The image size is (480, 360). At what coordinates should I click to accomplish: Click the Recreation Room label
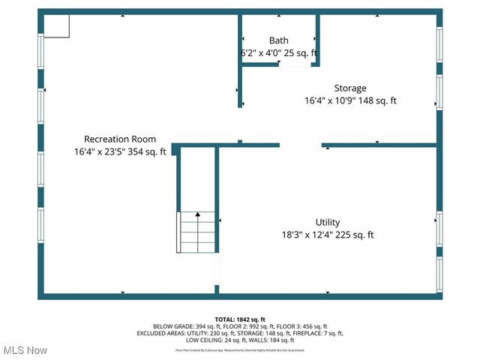[120, 139]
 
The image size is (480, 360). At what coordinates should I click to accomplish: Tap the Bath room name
[278, 40]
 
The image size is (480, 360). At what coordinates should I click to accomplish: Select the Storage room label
[350, 88]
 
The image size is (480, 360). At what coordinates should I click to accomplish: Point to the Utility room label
[328, 222]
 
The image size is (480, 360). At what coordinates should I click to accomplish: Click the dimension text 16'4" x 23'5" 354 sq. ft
[120, 151]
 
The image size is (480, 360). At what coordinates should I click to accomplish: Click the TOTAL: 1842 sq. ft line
[240, 319]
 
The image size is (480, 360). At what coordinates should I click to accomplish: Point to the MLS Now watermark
[24, 350]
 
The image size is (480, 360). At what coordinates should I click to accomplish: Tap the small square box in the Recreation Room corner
[56, 25]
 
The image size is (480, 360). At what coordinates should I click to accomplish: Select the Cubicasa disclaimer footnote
[240, 349]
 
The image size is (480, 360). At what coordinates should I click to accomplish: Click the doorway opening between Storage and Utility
[301, 145]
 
